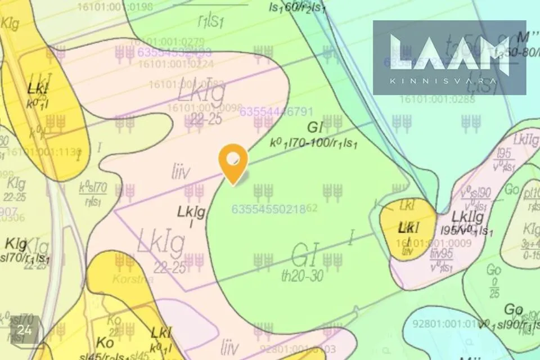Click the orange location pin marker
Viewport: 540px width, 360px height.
[x=233, y=161]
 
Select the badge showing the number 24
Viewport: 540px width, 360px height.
[x=24, y=330]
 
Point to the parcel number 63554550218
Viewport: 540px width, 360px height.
[x=268, y=209]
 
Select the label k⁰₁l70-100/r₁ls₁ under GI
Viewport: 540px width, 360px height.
[x=314, y=142]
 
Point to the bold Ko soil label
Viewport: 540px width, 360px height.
[x=105, y=343]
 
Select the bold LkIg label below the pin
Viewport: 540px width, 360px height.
[x=191, y=212]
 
